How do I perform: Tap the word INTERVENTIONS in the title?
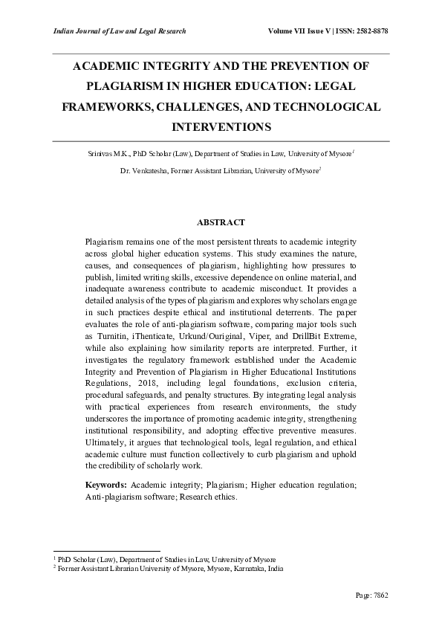click(221, 127)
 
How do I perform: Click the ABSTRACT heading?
click(221, 222)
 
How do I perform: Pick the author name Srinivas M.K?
click(109, 153)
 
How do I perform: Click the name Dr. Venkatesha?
click(143, 170)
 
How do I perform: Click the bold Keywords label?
click(105, 485)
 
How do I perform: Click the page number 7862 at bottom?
click(380, 596)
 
